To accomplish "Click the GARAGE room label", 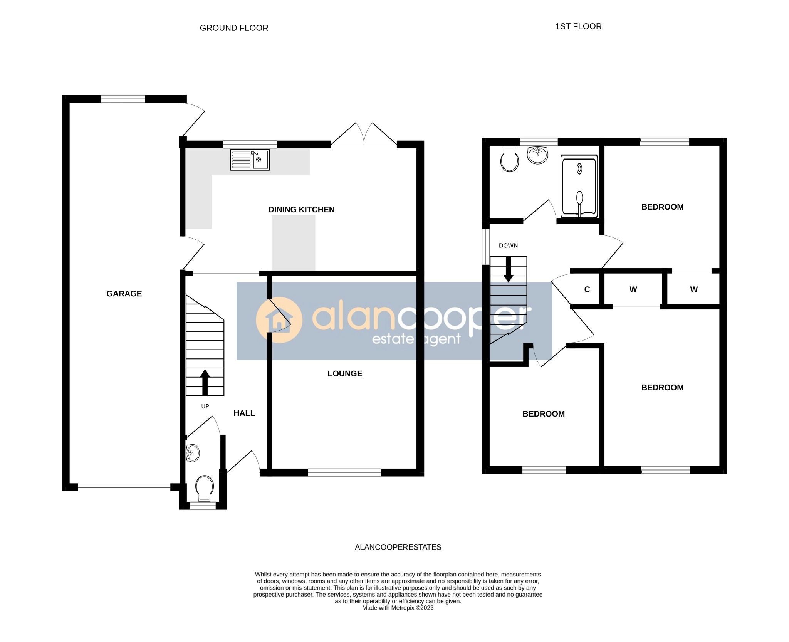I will point(124,294).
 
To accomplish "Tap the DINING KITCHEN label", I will point(301,210).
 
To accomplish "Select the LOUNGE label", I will point(344,373).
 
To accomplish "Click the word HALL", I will point(244,413).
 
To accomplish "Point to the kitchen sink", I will point(250,160).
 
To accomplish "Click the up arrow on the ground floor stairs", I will point(205,382).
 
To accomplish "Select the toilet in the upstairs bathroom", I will point(509,160).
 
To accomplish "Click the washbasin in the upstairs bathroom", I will point(537,155).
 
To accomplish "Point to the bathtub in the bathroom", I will point(579,187).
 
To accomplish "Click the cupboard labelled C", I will point(587,290).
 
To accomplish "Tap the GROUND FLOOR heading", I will point(234,28).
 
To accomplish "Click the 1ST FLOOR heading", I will point(578,27).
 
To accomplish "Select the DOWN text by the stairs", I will point(508,245).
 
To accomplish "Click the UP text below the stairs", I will point(205,407).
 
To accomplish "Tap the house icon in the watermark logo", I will point(279,320).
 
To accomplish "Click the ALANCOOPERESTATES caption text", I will point(398,547).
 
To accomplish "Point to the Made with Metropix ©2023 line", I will point(398,608).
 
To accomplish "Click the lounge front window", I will point(344,472).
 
